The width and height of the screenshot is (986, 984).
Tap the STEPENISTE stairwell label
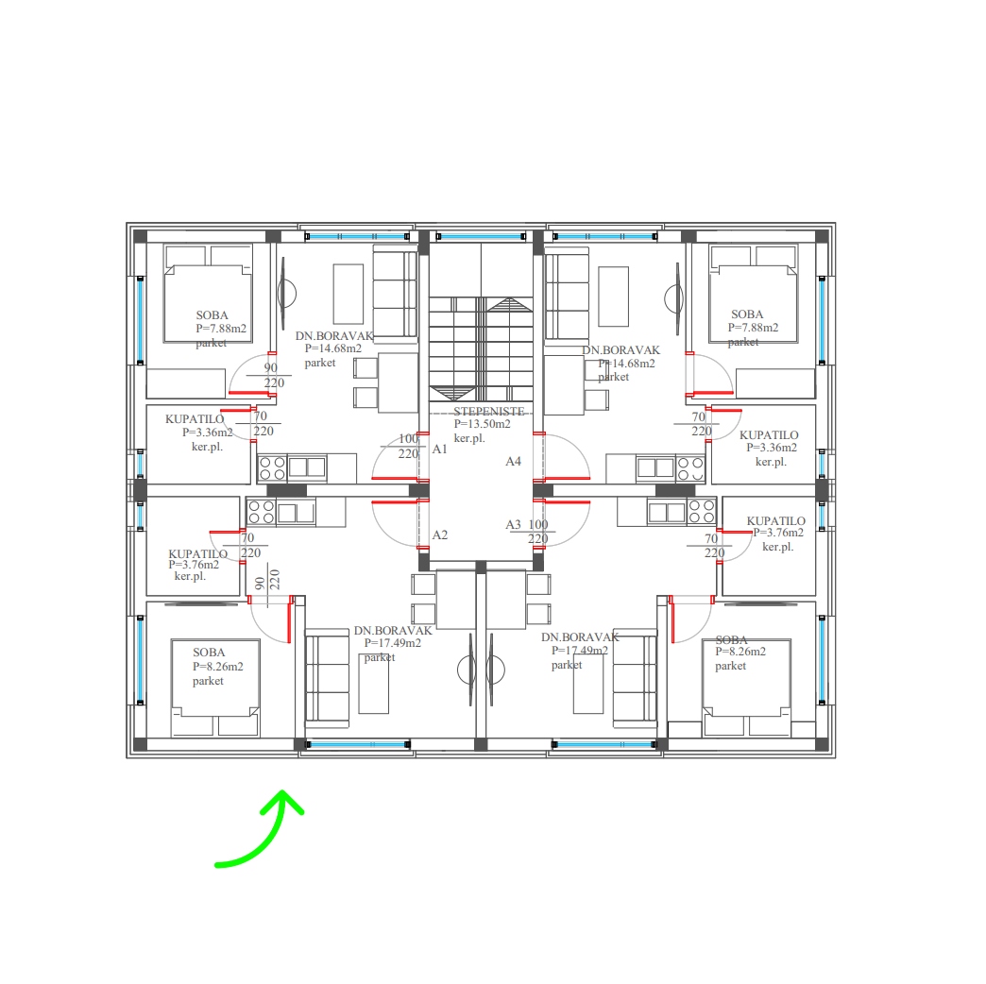click(488, 411)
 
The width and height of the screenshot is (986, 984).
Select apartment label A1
click(439, 449)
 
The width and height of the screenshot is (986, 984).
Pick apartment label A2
click(439, 534)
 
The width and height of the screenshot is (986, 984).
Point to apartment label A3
click(513, 524)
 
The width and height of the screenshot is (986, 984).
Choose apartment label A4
click(513, 462)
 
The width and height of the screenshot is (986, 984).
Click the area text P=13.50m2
click(483, 424)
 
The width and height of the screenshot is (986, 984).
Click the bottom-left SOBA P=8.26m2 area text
click(217, 667)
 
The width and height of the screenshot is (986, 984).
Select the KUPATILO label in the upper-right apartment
click(769, 435)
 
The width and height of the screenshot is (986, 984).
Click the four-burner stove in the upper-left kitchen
click(272, 468)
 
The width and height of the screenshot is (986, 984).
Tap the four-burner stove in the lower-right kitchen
click(701, 511)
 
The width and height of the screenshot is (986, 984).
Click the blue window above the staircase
click(481, 236)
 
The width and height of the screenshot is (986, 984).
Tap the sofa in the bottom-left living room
click(327, 678)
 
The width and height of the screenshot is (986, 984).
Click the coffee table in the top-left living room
click(348, 295)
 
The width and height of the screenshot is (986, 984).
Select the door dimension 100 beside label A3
click(538, 524)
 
